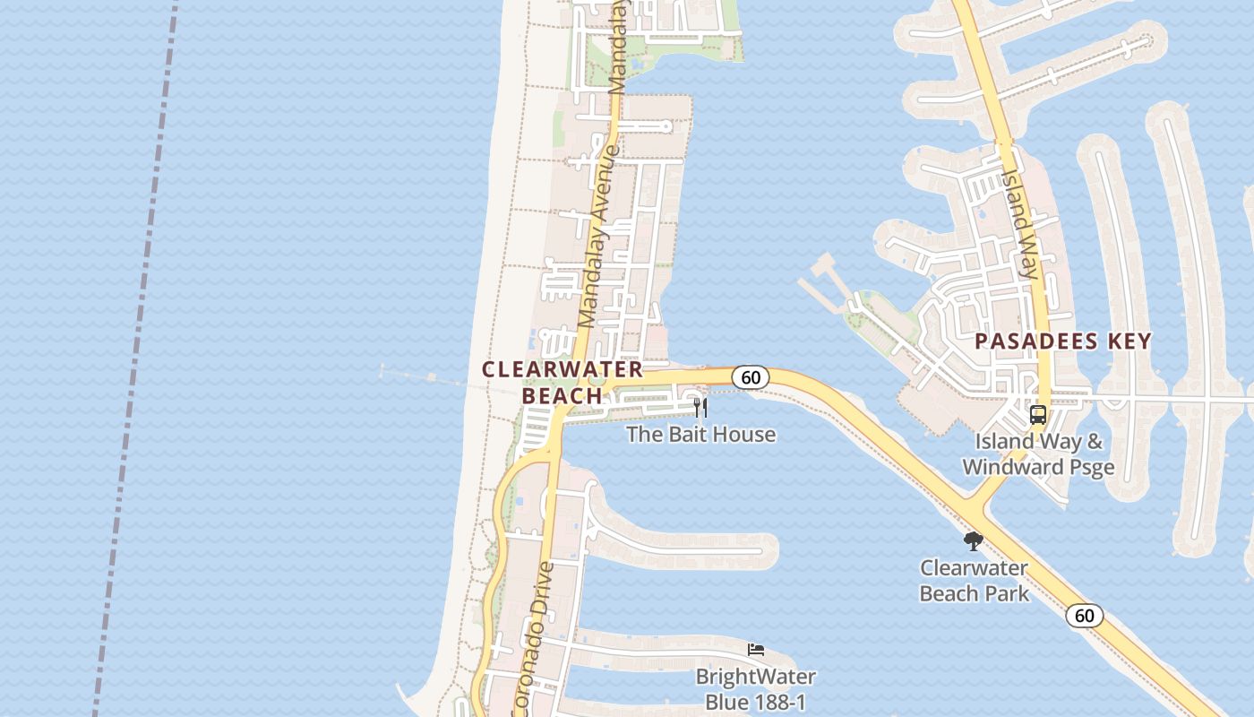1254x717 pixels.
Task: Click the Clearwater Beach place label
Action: point(563,382)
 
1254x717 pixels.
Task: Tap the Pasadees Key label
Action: point(1062,341)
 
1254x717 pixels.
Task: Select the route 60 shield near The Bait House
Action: point(751,377)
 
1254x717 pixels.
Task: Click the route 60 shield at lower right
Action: point(1084,616)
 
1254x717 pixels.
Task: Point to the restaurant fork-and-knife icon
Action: point(700,409)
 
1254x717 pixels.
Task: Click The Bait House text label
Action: point(700,435)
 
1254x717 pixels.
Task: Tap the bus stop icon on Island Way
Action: point(1038,415)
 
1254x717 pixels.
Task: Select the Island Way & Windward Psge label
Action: point(1038,454)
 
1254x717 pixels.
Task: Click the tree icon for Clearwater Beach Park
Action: point(974,541)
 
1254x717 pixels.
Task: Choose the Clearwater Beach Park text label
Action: point(975,581)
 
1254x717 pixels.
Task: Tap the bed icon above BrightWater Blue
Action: point(756,650)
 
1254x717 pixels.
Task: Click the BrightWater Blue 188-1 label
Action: point(756,688)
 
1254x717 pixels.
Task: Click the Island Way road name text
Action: point(1022,224)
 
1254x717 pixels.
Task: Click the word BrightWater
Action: point(756,677)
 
